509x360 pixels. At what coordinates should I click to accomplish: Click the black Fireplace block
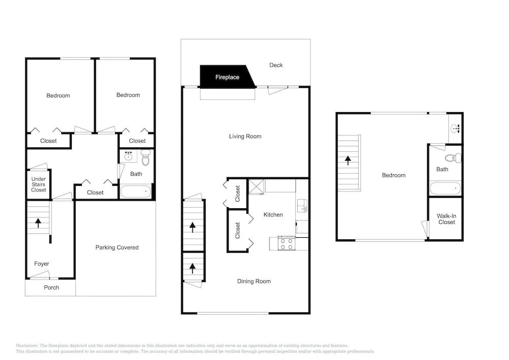tap(227, 76)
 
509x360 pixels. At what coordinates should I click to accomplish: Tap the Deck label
tap(276, 65)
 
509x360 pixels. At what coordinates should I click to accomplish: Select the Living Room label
tap(245, 136)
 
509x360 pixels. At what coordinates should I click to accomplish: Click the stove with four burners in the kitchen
tap(287, 244)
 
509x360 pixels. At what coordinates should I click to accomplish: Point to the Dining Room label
tap(254, 282)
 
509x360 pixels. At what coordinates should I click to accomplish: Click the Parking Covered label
tap(117, 247)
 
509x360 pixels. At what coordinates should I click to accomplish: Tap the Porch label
tap(51, 287)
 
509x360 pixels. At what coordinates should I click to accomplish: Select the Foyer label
tap(42, 264)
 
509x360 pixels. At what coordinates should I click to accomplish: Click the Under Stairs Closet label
tap(38, 184)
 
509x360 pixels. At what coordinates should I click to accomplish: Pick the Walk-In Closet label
tap(446, 219)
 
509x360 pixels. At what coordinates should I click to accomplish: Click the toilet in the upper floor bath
tap(453, 158)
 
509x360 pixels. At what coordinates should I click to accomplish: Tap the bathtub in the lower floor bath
tap(136, 191)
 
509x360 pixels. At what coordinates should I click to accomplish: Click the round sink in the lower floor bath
tap(129, 156)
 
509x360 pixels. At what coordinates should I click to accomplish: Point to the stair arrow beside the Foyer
tap(38, 223)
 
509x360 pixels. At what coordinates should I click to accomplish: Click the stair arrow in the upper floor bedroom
tap(348, 160)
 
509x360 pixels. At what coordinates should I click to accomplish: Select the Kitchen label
tap(273, 214)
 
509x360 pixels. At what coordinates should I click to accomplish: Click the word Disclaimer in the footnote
tap(27, 346)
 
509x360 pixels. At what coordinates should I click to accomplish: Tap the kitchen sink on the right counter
tap(302, 206)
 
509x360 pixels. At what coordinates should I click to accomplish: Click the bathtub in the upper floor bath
tap(445, 188)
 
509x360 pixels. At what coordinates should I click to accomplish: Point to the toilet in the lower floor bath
tap(146, 157)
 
